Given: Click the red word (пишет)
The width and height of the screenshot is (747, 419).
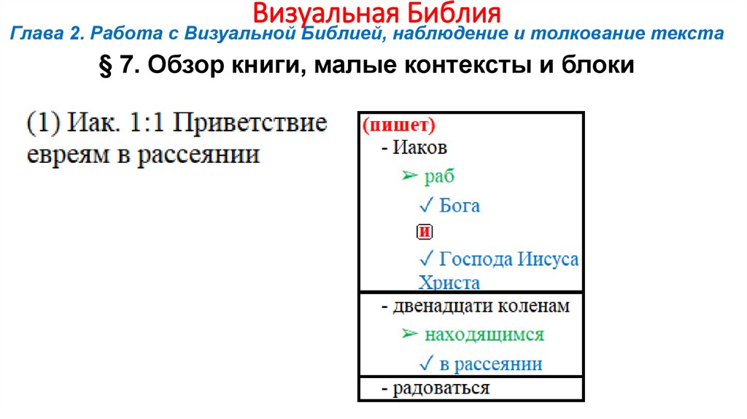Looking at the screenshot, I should pyautogui.click(x=398, y=125).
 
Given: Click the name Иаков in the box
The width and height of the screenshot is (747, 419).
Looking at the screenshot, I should pyautogui.click(x=419, y=147).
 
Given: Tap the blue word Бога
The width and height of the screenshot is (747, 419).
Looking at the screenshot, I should pyautogui.click(x=460, y=205).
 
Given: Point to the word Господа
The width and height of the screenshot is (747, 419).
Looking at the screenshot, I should pyautogui.click(x=476, y=259).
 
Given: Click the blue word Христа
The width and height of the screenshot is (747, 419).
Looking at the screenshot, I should pyautogui.click(x=449, y=282).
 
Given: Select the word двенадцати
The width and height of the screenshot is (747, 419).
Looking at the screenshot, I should pyautogui.click(x=443, y=307).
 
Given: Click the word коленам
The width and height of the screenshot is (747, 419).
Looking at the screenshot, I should pyautogui.click(x=534, y=307).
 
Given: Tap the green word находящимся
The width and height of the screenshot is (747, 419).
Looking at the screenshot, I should pyautogui.click(x=484, y=335).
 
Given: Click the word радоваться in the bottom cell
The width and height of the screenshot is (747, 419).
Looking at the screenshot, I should pyautogui.click(x=441, y=388).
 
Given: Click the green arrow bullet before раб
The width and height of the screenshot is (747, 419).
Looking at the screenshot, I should pyautogui.click(x=409, y=176).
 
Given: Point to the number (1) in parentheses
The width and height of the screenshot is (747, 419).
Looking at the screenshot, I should pyautogui.click(x=43, y=122).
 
